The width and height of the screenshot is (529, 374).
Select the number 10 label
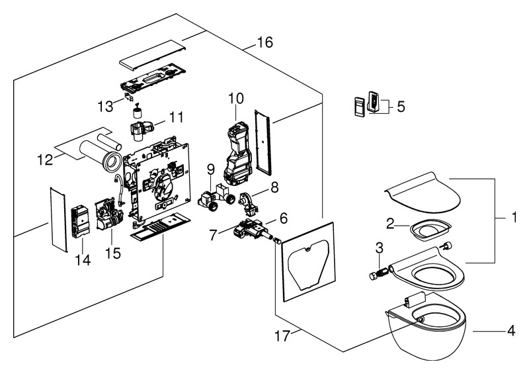pyautogui.click(x=236, y=99)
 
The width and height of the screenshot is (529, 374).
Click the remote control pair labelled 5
pyautogui.click(x=368, y=105)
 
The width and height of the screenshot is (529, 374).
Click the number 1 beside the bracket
pyautogui.click(x=513, y=216)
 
